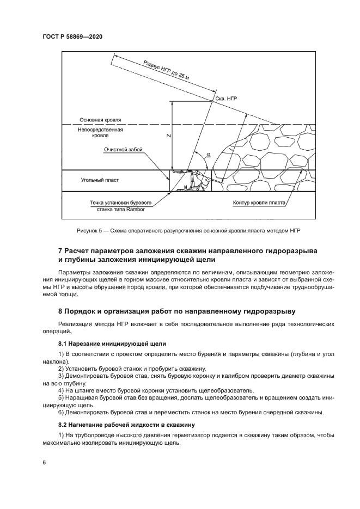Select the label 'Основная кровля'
click(x=100, y=120)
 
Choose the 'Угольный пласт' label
click(x=99, y=180)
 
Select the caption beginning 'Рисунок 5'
click(x=180, y=231)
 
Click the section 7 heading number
click(x=60, y=250)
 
